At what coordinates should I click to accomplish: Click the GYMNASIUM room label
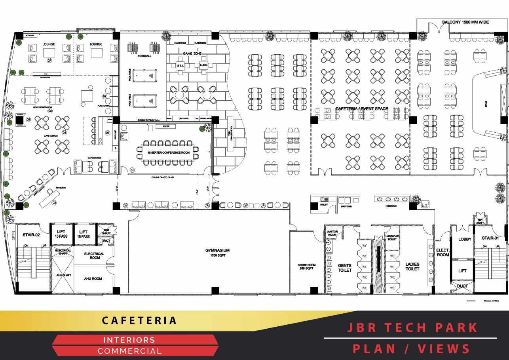pos(217,251)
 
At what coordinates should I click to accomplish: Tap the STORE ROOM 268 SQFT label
pos(306,267)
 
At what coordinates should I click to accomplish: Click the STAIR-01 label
pos(490,238)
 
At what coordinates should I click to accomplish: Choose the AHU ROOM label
pos(93,279)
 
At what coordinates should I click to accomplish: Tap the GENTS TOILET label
pos(344,268)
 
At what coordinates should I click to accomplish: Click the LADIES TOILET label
pos(412,266)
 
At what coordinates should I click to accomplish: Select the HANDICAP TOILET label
pos(391,238)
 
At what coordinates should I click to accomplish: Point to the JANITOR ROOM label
pos(332,233)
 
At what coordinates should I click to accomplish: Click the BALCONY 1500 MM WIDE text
pos(465,22)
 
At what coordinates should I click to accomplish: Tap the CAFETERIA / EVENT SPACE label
pos(362,109)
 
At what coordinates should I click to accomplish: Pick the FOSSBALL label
pos(144,56)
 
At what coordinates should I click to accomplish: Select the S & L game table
pos(180,65)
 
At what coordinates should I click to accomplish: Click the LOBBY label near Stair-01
pos(465,239)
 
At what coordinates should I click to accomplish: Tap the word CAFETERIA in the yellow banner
pos(139,320)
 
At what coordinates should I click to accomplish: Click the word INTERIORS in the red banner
pos(129,340)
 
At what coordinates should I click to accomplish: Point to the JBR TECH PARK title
pos(412,328)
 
